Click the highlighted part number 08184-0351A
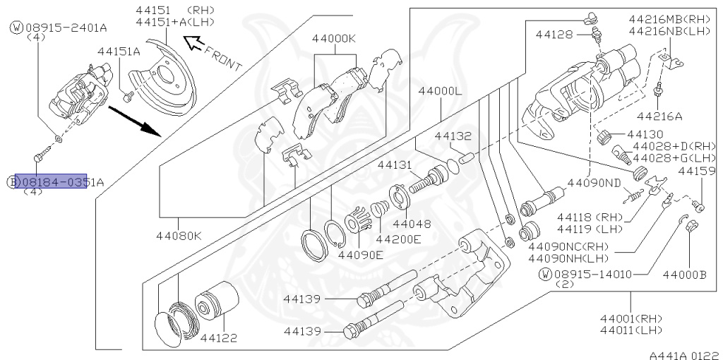click(x=51, y=181)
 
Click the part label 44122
click(x=218, y=338)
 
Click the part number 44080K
click(x=179, y=235)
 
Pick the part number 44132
click(x=453, y=136)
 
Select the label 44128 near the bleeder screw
click(x=554, y=34)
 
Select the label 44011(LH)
click(x=631, y=330)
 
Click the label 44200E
click(x=398, y=238)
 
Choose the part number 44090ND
click(x=593, y=181)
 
